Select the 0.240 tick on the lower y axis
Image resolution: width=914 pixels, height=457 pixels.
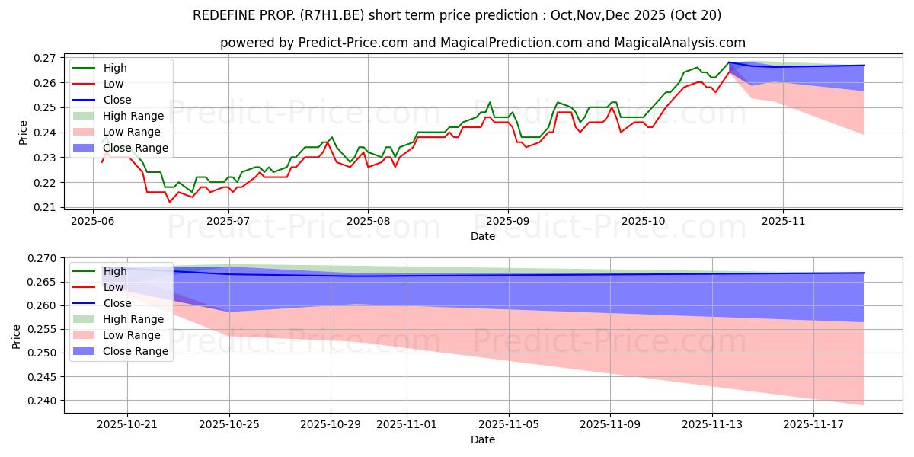click(x=42, y=401)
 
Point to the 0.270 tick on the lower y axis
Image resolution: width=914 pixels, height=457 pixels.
click(x=42, y=258)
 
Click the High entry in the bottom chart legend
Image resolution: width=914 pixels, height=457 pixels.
click(x=115, y=271)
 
